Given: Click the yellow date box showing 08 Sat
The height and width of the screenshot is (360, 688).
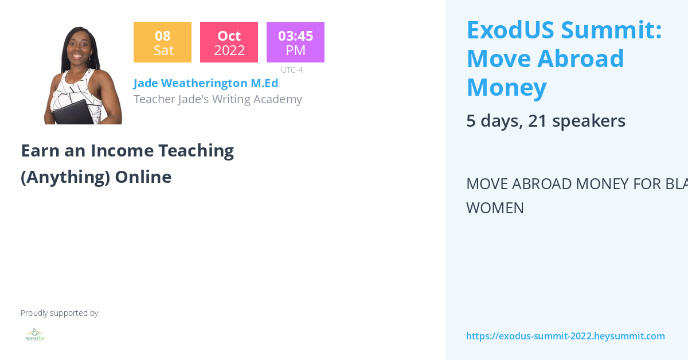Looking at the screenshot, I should coord(162,42).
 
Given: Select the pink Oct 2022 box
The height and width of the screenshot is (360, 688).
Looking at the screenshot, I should coord(229,42).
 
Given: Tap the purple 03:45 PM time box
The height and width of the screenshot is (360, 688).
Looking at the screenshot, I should coord(295,42).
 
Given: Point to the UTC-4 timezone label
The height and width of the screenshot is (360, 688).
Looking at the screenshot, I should coord(291,70).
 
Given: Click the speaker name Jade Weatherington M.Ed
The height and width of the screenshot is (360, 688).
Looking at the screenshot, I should coord(206,83).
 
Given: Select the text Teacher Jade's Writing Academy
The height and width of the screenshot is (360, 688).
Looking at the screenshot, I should coord(218,99).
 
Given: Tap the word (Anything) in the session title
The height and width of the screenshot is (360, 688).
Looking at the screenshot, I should coord(65,177).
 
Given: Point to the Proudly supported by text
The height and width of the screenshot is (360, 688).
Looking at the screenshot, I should coord(59,313).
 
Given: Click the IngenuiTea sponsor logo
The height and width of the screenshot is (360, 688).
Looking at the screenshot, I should coord(35,335).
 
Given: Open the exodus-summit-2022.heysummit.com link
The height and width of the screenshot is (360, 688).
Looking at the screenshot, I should coord(565,336).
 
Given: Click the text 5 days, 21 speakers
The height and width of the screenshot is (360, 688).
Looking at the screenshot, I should coord(545,121).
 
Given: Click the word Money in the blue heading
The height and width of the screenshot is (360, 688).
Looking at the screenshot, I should coord(506,88).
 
